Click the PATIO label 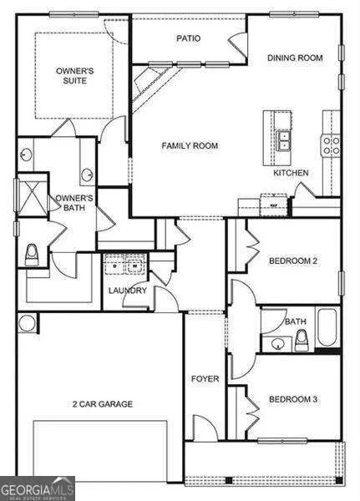[x=187, y=38]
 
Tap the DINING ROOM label [x=294, y=58]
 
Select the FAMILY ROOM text [x=190, y=145]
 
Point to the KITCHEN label [x=292, y=173]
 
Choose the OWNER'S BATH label [x=75, y=204]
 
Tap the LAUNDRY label [x=128, y=291]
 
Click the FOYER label [x=205, y=379]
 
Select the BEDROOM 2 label [x=292, y=261]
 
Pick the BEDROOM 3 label [x=292, y=400]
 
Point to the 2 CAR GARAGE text [x=102, y=404]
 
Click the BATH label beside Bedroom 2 [x=296, y=321]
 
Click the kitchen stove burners [x=332, y=146]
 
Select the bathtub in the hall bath [x=327, y=328]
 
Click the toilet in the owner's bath [x=32, y=254]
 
